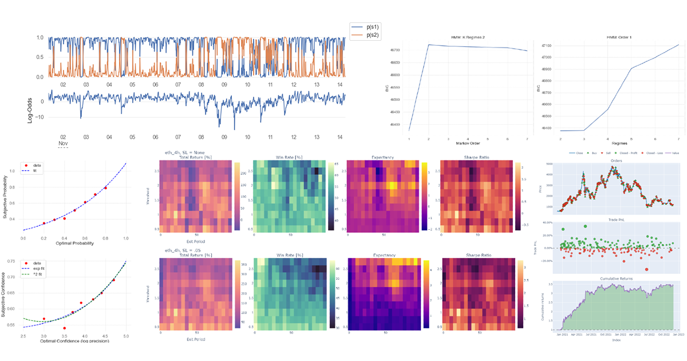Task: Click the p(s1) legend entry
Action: tap(370, 27)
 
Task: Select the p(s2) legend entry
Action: tap(370, 36)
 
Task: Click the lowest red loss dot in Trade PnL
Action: tap(647, 269)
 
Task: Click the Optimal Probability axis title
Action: tap(74, 244)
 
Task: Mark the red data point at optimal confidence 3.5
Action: tap(64, 328)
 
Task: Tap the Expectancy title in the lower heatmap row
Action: tap(385, 255)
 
